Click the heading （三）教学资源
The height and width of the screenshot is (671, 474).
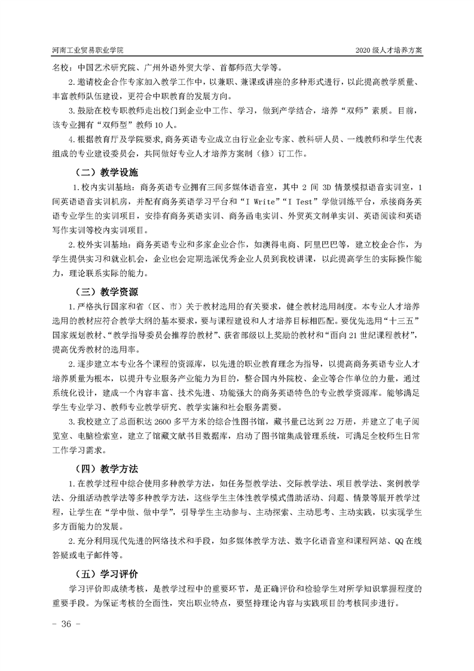coord(105,292)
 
